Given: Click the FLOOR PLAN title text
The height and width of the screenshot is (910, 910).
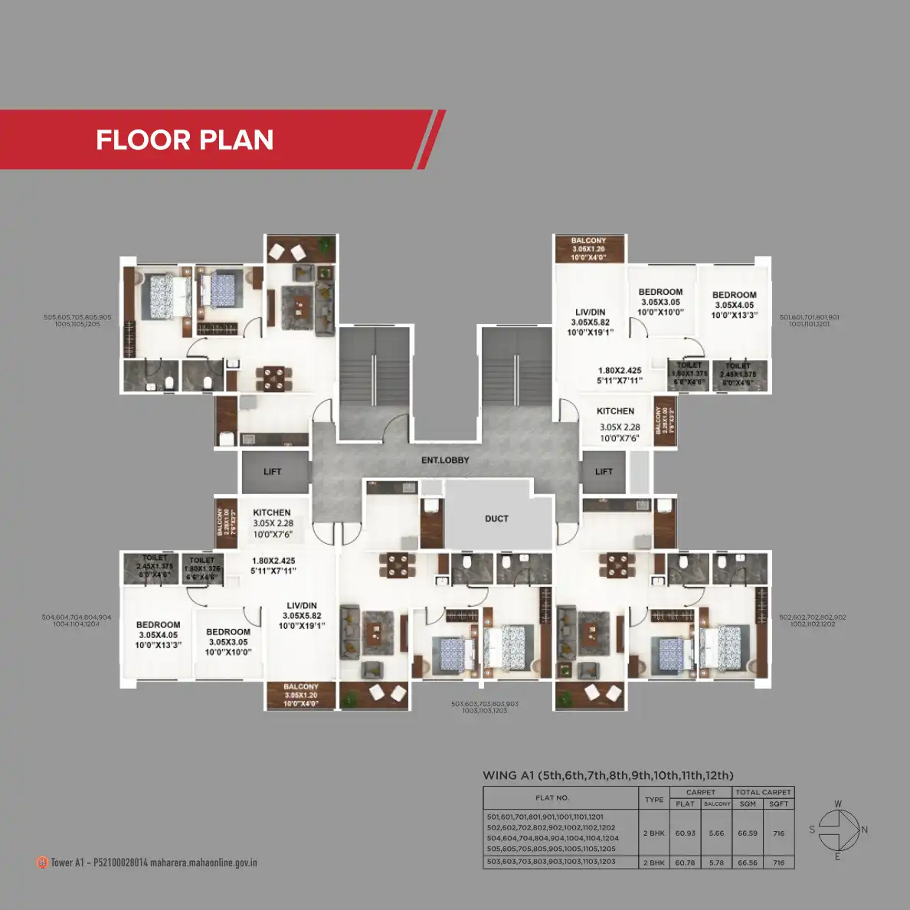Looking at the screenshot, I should click(x=185, y=140).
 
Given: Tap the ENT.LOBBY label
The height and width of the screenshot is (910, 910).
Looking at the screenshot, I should click(x=445, y=460).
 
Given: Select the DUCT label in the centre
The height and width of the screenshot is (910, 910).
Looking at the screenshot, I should click(x=496, y=519).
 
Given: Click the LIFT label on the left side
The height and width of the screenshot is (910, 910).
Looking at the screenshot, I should click(x=273, y=472).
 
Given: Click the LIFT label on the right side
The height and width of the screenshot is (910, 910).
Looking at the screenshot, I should click(x=604, y=472).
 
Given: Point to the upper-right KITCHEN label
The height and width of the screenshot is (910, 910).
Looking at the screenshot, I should click(x=615, y=411).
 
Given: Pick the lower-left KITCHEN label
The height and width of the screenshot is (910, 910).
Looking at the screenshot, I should click(x=272, y=512).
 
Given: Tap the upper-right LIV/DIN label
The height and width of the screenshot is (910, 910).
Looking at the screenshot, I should click(x=591, y=313).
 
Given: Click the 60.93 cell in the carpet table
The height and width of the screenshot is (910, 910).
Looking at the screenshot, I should click(x=685, y=833).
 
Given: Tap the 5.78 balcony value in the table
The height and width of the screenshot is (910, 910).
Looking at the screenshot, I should click(x=716, y=863).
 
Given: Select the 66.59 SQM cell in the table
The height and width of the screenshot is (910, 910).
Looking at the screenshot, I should click(x=748, y=833).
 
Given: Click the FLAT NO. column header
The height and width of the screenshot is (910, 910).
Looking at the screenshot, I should click(x=552, y=798).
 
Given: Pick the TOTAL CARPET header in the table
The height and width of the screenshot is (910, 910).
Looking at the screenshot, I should click(x=763, y=792).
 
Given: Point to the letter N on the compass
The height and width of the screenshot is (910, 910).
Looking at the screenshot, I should click(x=864, y=830).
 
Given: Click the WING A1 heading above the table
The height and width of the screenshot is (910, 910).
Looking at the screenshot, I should click(x=509, y=775).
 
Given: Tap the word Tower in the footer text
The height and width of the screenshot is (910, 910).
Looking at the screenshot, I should click(x=62, y=863).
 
